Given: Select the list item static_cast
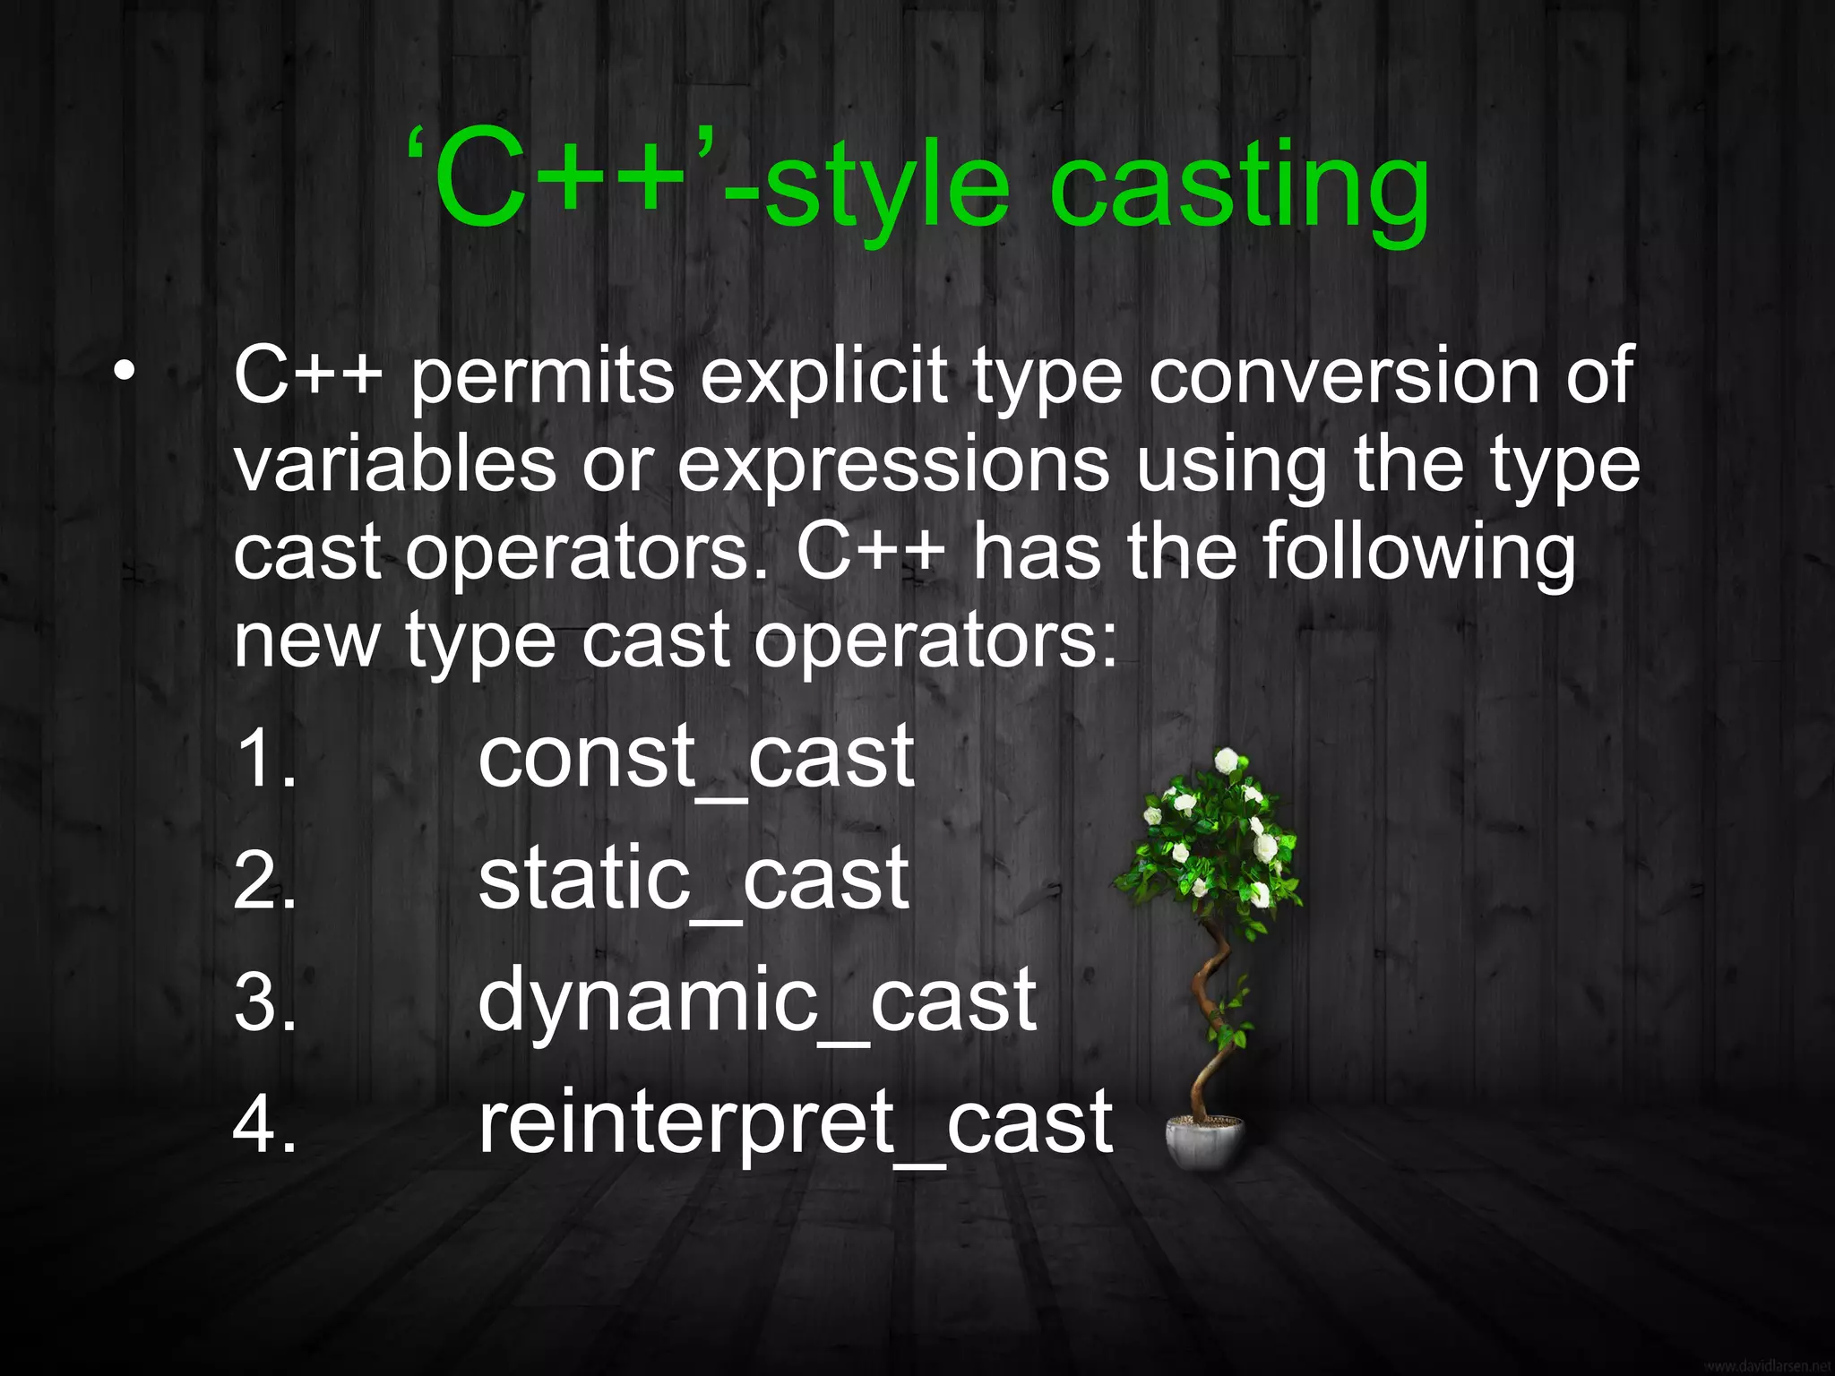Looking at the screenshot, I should click(x=694, y=881).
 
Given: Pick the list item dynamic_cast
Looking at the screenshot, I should click(x=757, y=1002).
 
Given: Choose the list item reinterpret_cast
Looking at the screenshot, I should click(x=795, y=1123).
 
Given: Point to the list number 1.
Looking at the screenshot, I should click(x=264, y=760).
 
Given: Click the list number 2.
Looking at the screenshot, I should click(x=264, y=881).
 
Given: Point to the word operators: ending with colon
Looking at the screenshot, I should click(x=935, y=643).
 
